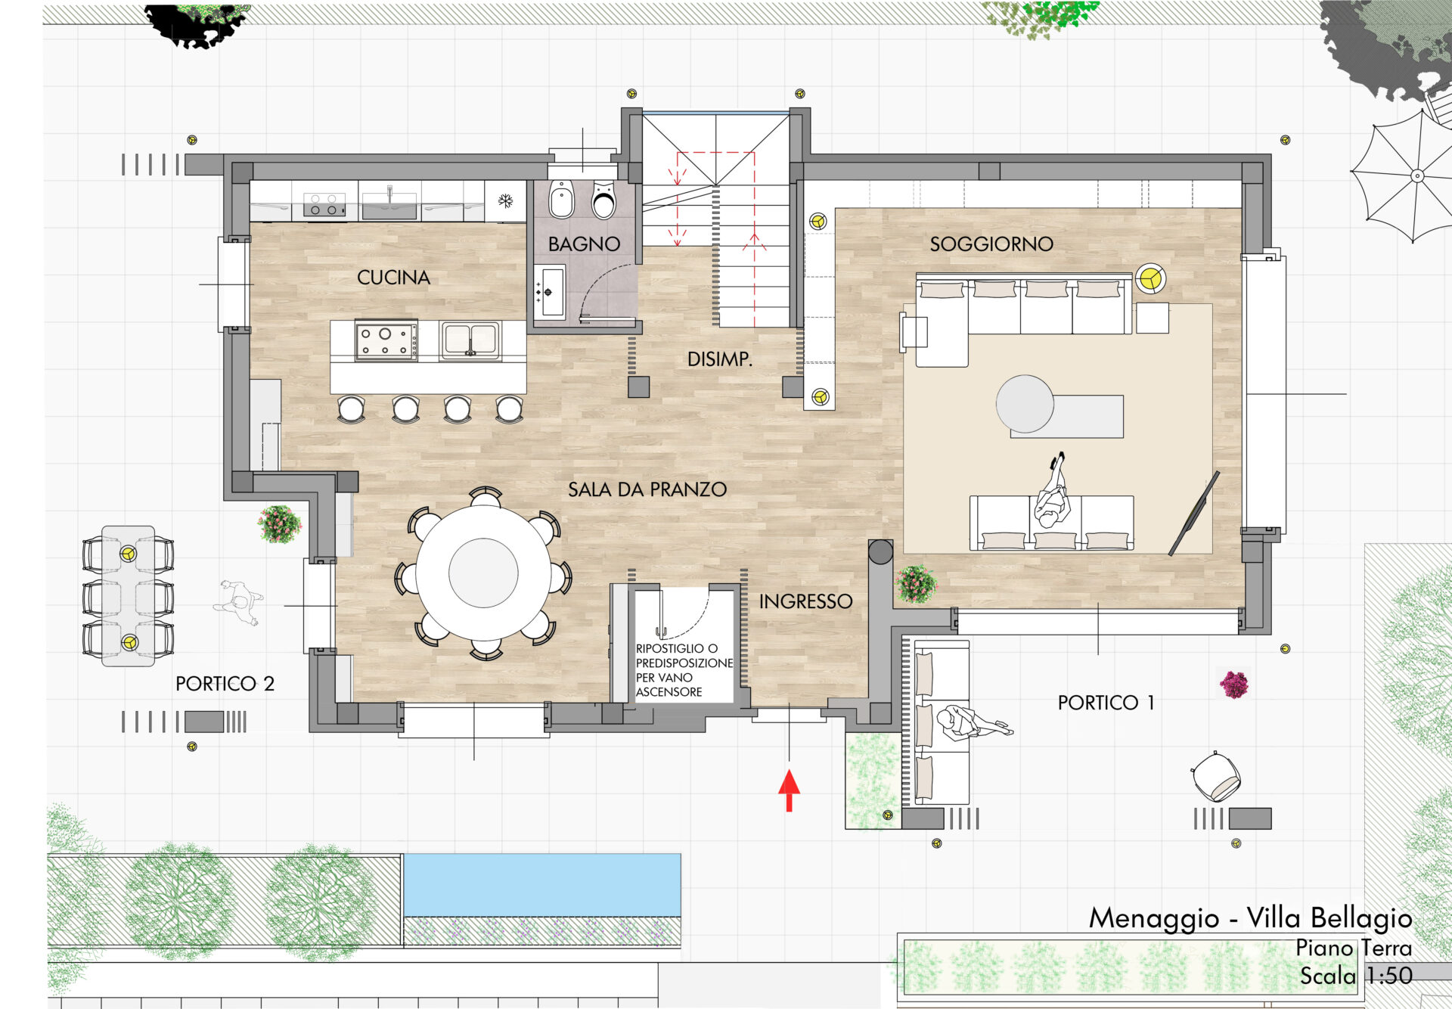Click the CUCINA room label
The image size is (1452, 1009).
(393, 278)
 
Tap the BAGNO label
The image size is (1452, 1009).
(584, 244)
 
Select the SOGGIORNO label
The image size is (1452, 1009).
(991, 244)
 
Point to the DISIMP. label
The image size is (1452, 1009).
(720, 359)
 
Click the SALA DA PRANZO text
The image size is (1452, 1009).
(647, 489)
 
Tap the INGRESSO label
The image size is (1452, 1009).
(806, 601)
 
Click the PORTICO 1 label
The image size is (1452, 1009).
(1106, 703)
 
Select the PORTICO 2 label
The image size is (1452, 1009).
(225, 684)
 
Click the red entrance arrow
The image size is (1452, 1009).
(789, 790)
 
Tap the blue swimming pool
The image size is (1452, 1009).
(542, 885)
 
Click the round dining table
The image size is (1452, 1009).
(483, 573)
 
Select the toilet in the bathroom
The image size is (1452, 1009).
(603, 200)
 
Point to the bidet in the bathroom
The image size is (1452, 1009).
(561, 200)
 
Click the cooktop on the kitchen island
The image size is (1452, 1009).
(386, 340)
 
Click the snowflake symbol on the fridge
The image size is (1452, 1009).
(505, 200)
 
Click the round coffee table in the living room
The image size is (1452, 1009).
(1025, 404)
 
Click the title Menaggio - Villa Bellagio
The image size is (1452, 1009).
(1251, 917)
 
